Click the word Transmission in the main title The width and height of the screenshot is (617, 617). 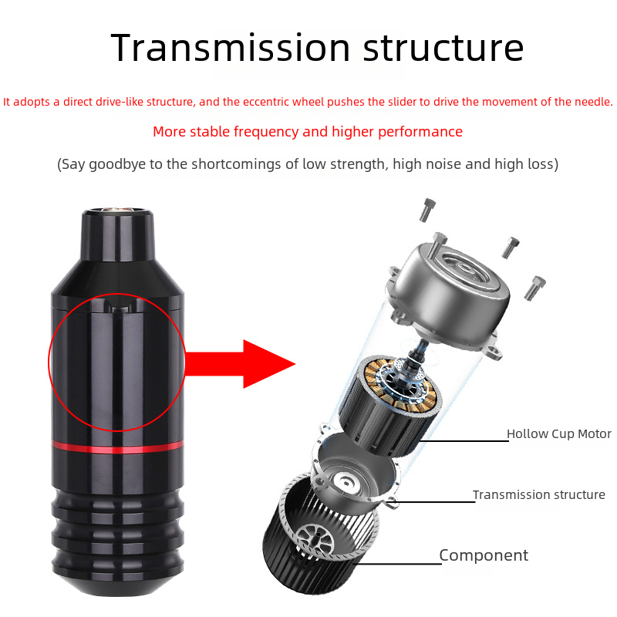point(230,48)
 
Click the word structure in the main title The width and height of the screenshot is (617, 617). point(443,49)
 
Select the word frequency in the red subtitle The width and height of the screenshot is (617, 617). point(266,132)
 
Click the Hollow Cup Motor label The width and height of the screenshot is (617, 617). point(558,433)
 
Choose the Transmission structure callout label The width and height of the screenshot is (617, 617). point(538,494)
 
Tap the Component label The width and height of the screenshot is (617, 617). point(484,555)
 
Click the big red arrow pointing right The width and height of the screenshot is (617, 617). point(240,364)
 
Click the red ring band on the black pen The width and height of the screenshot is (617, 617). point(118,446)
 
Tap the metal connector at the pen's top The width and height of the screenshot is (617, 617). point(118,209)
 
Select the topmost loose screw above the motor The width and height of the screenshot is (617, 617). point(427,210)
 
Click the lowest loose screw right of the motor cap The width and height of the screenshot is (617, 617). point(535,288)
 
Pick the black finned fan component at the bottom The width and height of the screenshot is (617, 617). point(319,534)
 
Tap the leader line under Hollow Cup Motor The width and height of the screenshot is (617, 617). point(464,440)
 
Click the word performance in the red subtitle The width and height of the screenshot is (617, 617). point(420,132)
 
